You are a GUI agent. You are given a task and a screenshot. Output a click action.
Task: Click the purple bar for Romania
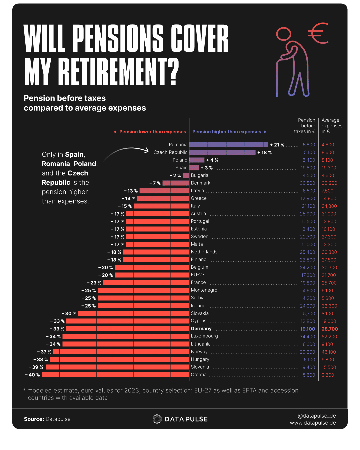click(229, 145)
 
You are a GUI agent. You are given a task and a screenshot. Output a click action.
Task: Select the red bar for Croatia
click(115, 375)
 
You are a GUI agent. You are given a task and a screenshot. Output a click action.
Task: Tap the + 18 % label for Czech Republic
click(264, 152)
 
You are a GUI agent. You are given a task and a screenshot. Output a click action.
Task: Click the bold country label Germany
click(201, 329)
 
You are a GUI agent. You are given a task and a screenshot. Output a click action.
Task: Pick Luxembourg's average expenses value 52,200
click(329, 337)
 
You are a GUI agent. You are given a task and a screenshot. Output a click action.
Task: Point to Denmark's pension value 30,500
click(307, 183)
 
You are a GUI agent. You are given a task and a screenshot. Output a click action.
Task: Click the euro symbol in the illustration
click(318, 33)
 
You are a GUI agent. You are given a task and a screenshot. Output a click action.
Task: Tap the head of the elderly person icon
click(284, 34)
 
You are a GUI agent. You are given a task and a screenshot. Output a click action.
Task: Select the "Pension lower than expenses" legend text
click(153, 132)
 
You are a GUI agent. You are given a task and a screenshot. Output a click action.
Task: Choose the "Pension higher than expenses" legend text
click(227, 132)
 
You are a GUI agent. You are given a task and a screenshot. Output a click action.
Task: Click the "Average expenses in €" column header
click(332, 126)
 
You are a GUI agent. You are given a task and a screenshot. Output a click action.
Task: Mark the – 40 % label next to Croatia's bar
click(32, 375)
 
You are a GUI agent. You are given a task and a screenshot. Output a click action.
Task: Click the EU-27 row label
click(198, 275)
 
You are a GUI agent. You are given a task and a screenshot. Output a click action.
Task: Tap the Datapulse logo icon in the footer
click(157, 419)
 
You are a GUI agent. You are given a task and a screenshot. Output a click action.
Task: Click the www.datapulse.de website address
click(313, 423)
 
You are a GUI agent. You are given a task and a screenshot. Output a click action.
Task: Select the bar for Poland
click(197, 160)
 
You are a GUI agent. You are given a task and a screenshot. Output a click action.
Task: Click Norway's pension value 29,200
click(307, 352)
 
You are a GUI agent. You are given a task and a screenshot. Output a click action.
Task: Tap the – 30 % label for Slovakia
click(69, 313)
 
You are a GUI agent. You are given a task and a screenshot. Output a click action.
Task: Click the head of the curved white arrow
click(146, 151)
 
